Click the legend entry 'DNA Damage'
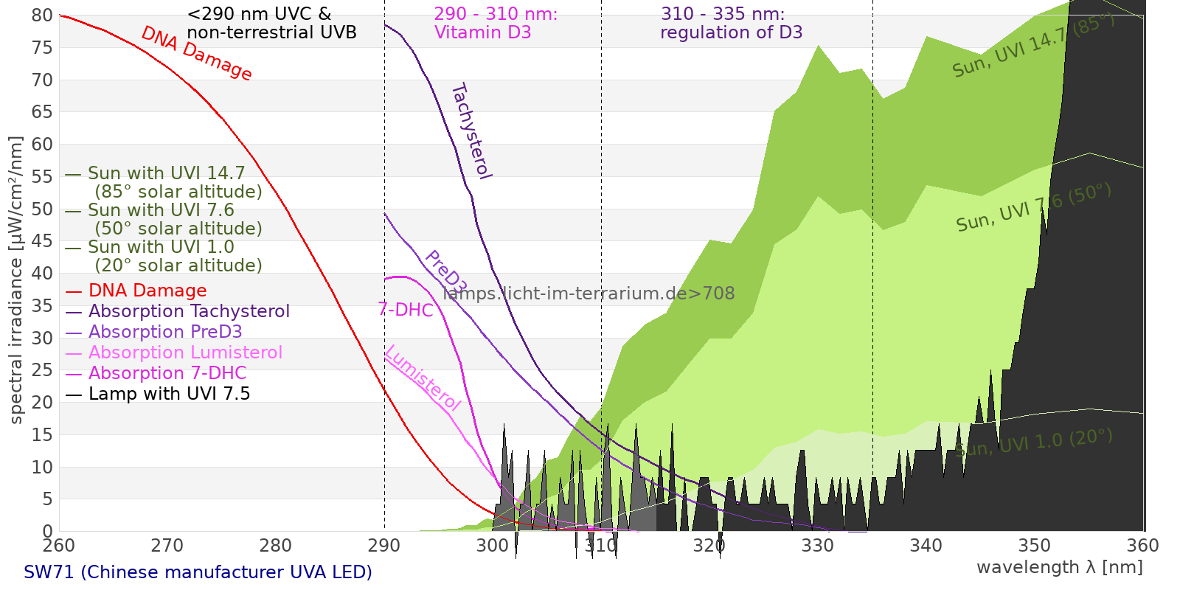pyautogui.click(x=147, y=291)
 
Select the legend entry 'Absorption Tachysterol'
pyautogui.click(x=189, y=311)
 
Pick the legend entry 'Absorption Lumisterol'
pyautogui.click(x=185, y=353)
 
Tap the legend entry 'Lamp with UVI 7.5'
pyautogui.click(x=169, y=394)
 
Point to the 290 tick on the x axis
pyautogui.click(x=384, y=546)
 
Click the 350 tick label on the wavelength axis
pyautogui.click(x=1035, y=546)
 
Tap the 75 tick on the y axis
pyautogui.click(x=43, y=48)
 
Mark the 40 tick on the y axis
pyautogui.click(x=43, y=274)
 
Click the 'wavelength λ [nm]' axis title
pyautogui.click(x=1059, y=567)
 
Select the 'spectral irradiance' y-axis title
pyautogui.click(x=16, y=280)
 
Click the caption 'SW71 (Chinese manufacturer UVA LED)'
pyautogui.click(x=198, y=572)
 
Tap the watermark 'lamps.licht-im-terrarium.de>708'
pyautogui.click(x=589, y=294)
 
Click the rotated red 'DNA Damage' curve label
pyautogui.click(x=196, y=53)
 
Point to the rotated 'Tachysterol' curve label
pyautogui.click(x=471, y=131)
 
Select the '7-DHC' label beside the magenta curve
pyautogui.click(x=406, y=310)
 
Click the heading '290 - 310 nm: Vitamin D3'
pyautogui.click(x=496, y=24)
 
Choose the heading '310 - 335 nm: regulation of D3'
pyautogui.click(x=731, y=24)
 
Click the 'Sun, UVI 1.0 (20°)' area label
pyautogui.click(x=1033, y=443)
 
